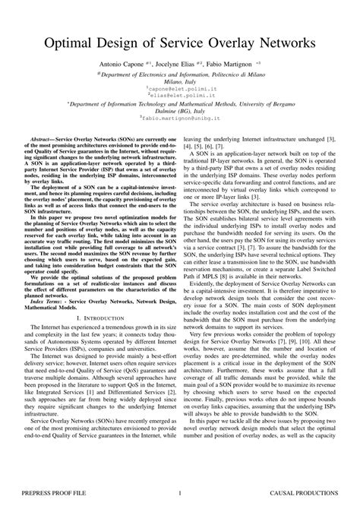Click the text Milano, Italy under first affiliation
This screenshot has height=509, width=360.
pos(180,81)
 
